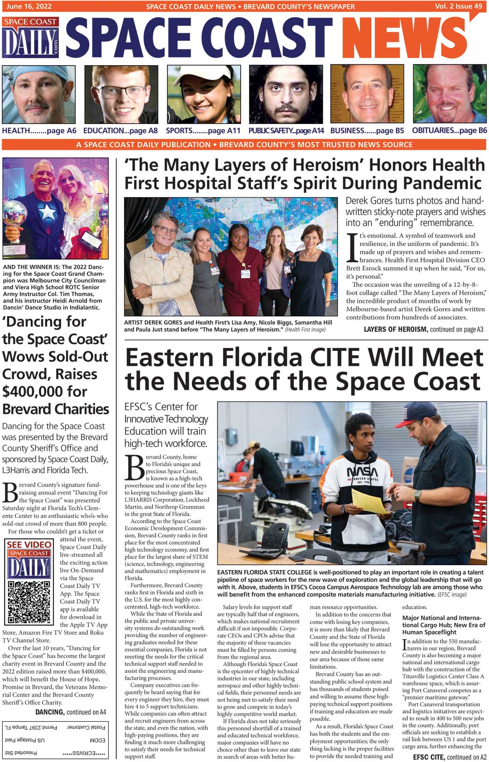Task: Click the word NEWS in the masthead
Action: tap(405, 38)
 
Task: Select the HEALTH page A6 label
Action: tap(39, 131)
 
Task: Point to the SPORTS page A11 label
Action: tap(203, 131)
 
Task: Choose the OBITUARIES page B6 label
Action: tap(449, 130)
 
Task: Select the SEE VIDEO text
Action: tap(29, 544)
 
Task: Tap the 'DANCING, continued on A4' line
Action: tap(71, 712)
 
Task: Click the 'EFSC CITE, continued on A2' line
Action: tap(450, 757)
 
